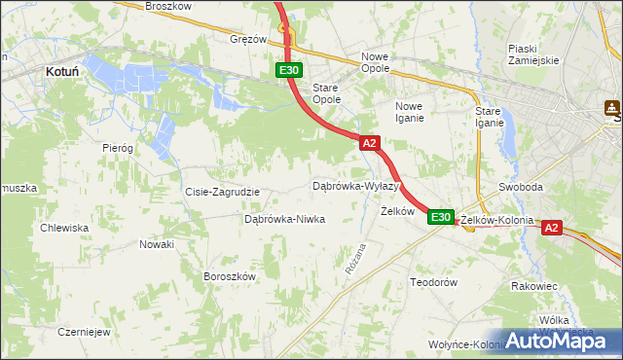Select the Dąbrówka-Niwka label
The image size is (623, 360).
click(284, 219)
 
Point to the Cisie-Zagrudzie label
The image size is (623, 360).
click(222, 192)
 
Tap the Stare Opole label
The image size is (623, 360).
click(325, 93)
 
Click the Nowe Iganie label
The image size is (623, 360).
click(409, 112)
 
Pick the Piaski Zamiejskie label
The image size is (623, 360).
click(533, 54)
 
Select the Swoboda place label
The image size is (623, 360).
click(519, 186)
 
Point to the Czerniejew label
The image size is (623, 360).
click(82, 331)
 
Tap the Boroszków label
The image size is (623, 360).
click(229, 276)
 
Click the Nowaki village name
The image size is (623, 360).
click(156, 244)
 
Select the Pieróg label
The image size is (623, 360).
click(117, 147)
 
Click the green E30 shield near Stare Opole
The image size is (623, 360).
click(288, 70)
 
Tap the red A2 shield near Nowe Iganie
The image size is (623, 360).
click(369, 143)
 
